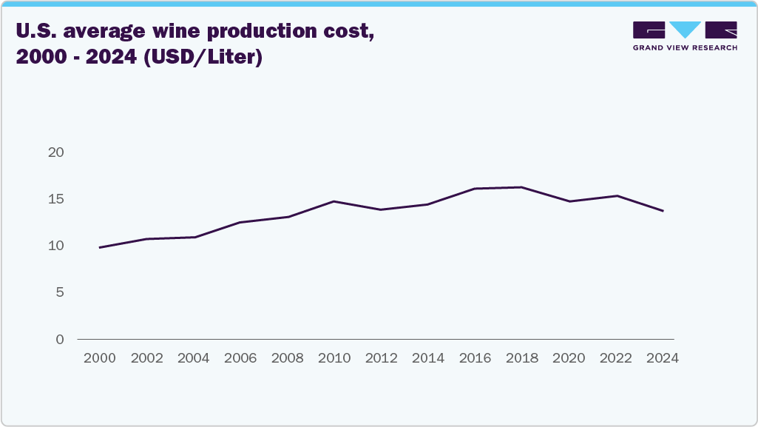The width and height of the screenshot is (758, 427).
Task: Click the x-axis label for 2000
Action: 99,358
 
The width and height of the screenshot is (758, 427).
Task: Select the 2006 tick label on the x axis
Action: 240,358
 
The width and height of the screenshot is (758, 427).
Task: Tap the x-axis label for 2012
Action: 381,358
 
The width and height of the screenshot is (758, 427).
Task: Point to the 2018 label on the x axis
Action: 522,358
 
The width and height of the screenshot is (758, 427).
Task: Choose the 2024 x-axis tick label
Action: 663,358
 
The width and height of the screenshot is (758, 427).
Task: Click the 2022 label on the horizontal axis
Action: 616,358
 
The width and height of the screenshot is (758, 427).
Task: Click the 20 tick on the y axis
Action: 57,152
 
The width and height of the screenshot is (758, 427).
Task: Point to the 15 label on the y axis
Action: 57,199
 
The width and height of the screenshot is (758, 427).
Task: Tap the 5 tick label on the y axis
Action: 61,292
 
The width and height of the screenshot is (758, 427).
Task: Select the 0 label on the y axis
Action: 61,339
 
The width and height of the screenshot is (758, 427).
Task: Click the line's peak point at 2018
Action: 522,187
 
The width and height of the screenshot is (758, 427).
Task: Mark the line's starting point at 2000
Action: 99,247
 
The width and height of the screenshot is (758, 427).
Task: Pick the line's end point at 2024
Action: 663,211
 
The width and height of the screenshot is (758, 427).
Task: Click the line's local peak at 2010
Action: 334,201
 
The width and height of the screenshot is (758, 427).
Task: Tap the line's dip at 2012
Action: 381,209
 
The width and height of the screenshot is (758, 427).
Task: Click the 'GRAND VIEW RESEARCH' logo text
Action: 685,47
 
